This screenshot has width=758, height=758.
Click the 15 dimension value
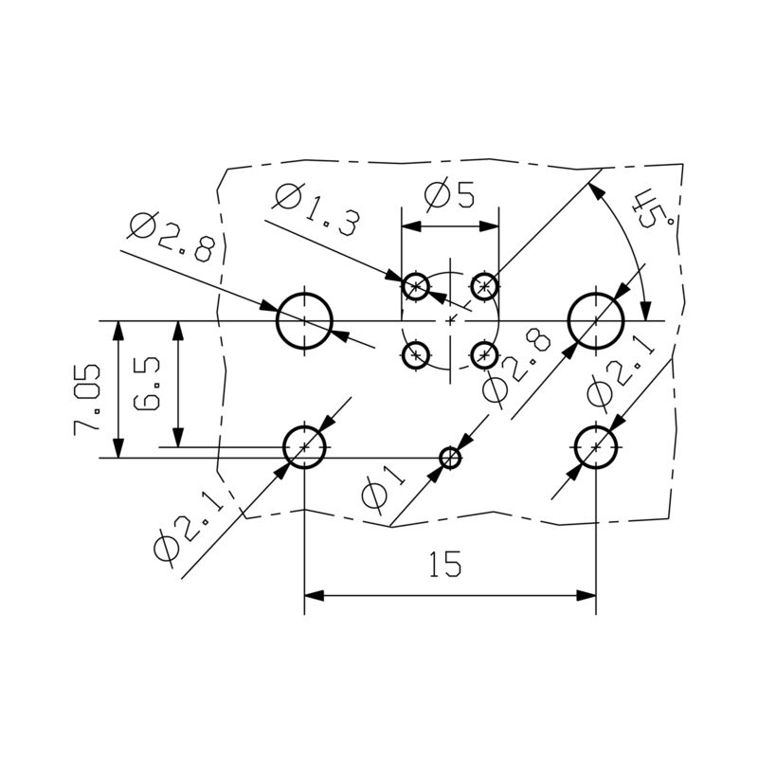click(445, 566)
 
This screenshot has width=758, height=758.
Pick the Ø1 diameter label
click(383, 484)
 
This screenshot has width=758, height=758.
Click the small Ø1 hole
click(451, 459)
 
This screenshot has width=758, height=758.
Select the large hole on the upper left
click(304, 321)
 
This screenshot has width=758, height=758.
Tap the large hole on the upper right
click(595, 321)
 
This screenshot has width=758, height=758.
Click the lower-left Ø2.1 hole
click(304, 446)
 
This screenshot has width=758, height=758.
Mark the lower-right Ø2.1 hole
click(595, 446)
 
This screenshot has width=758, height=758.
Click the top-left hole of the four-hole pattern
click(416, 286)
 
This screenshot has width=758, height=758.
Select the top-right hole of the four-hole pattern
click(484, 285)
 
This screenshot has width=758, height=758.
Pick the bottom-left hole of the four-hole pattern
click(415, 355)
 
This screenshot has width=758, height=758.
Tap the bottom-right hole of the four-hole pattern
click(484, 355)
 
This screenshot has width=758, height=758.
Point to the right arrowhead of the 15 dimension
click(586, 596)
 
